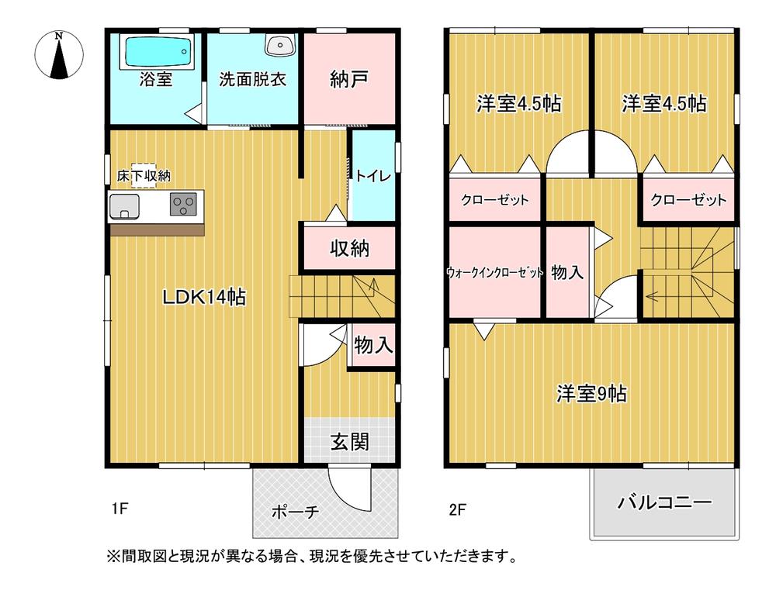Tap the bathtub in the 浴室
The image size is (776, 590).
(156, 52)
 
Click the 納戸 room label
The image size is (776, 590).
(348, 80)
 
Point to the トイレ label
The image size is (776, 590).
(372, 176)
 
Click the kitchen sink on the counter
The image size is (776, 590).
(124, 207)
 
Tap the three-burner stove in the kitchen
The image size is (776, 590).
(183, 205)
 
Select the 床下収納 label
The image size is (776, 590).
(138, 176)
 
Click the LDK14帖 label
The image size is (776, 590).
(204, 297)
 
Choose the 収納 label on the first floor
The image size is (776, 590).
(349, 249)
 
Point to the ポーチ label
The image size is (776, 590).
(295, 512)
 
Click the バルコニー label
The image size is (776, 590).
(664, 503)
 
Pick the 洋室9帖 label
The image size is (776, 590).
(591, 394)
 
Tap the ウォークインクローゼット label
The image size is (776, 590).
(494, 273)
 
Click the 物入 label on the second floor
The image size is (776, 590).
(567, 272)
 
